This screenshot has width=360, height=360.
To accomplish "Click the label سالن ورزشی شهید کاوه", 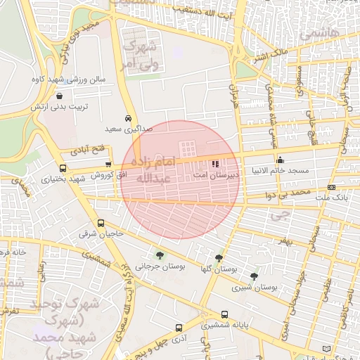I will [x=67, y=79].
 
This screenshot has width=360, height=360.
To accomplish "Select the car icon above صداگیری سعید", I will [x=128, y=118].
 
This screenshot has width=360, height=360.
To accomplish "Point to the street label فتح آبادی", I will [x=87, y=150].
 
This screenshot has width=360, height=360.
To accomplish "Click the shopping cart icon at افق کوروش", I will [x=108, y=164].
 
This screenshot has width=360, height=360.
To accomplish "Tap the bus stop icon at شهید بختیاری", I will [x=63, y=169].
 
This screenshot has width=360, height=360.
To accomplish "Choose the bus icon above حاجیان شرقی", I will [x=101, y=224].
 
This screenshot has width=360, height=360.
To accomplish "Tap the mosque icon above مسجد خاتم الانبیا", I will [x=281, y=160].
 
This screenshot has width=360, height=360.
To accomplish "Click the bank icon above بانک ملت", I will [x=331, y=188].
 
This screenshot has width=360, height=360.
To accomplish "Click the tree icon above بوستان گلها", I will [x=219, y=259].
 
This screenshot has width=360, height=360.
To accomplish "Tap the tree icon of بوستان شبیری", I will [x=254, y=276].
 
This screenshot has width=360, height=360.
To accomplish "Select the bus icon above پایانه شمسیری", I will [x=224, y=315].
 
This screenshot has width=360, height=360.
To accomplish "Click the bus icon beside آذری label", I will [x=179, y=328].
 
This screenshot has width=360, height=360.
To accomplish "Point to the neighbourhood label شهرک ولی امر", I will [x=141, y=56].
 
